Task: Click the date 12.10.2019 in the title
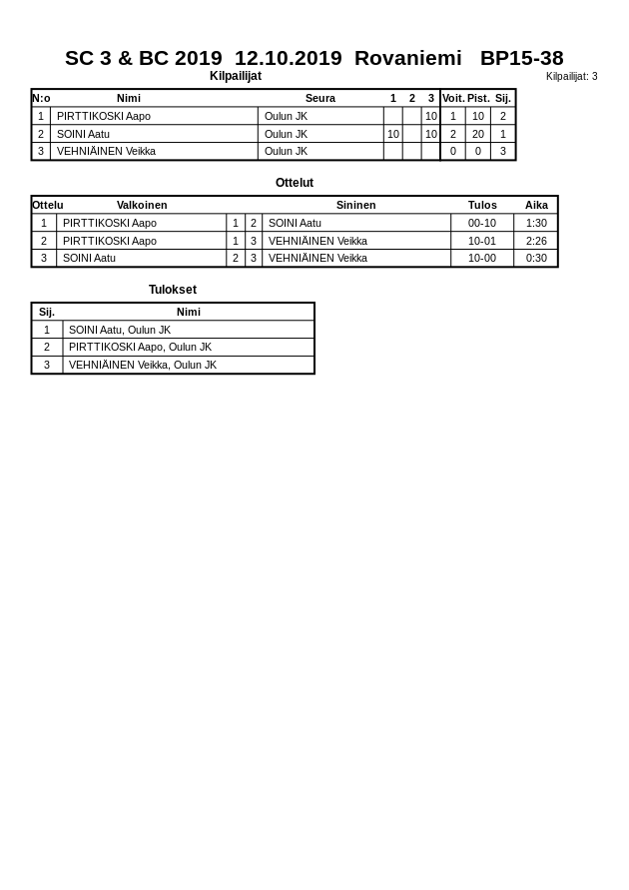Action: tap(288, 58)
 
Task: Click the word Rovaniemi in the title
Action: tap(407, 58)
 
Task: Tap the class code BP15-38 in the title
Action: tap(521, 58)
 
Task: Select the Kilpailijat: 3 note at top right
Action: tap(571, 77)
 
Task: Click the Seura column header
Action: tap(319, 98)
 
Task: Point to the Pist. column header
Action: tap(478, 98)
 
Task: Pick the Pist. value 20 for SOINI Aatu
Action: tap(478, 134)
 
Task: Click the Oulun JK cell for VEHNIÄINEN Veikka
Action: tap(286, 152)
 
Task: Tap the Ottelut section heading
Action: tap(295, 183)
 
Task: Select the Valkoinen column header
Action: tap(142, 205)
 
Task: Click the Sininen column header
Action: tap(355, 205)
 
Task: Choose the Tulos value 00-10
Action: tap(482, 223)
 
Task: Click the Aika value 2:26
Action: tap(536, 241)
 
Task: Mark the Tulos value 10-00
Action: tap(482, 258)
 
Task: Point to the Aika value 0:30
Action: tap(536, 258)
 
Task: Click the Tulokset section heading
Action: tap(173, 290)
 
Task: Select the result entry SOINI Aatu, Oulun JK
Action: tap(120, 330)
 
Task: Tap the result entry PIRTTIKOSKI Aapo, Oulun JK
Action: tap(140, 348)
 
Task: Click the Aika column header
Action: tap(536, 205)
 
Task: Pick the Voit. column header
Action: tap(453, 98)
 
